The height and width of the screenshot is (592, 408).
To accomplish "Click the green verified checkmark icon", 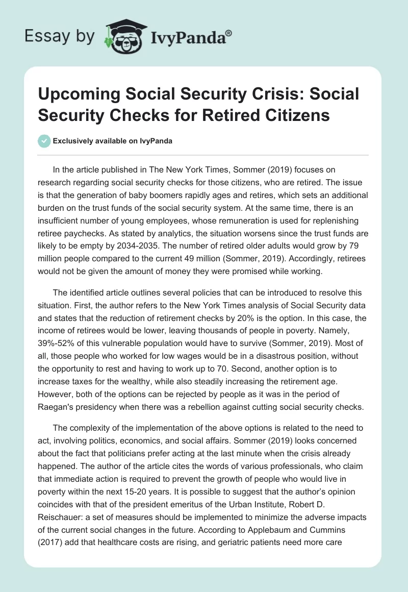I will click(44, 141).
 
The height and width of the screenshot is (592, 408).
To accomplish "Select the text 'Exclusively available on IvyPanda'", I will click(112, 141).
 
